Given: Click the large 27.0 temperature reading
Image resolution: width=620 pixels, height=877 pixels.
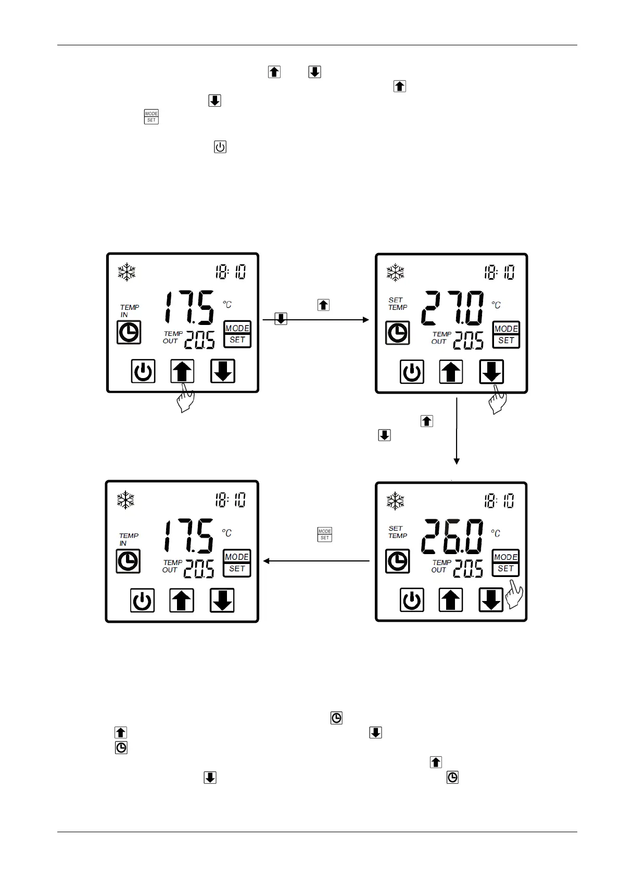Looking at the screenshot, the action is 452,308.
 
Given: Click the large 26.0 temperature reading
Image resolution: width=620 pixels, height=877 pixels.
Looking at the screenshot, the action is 452,536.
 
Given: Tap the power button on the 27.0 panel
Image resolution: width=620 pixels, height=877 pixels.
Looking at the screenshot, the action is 412,372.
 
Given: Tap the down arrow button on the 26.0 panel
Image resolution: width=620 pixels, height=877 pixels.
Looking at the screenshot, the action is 490,599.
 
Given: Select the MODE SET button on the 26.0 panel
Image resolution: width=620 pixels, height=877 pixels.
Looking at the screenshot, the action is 505,562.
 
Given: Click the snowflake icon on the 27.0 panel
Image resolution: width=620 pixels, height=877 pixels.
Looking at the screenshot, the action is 395,272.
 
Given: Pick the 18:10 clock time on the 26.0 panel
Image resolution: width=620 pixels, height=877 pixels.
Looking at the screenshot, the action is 499,500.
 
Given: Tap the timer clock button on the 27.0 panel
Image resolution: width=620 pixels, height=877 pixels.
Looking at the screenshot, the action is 397,333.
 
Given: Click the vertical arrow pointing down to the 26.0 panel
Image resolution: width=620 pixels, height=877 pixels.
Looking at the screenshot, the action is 457,431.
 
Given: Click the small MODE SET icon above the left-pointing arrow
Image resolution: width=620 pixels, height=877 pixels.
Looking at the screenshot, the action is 325,534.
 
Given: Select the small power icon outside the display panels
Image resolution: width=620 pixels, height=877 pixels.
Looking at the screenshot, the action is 220,147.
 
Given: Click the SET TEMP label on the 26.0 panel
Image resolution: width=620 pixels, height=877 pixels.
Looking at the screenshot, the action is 397,532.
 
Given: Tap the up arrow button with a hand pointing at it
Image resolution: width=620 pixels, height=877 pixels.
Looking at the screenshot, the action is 182,371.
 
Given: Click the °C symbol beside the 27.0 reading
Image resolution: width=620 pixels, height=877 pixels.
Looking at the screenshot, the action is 496,305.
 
